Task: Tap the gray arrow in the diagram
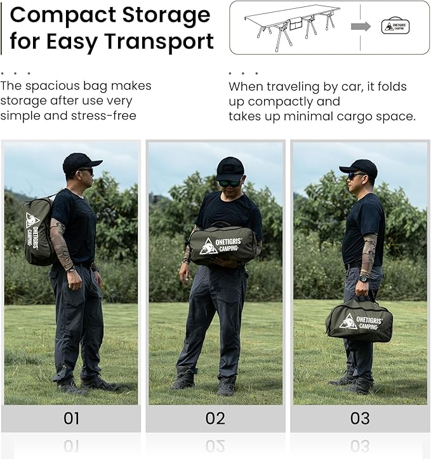point(361,27)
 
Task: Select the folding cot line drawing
point(292,27)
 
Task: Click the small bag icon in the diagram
point(395,26)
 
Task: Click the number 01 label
point(71,418)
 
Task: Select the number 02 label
point(215,418)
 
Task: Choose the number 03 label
point(360,418)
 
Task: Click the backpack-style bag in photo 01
point(38,231)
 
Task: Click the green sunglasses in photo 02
point(230,184)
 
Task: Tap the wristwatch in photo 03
point(364,278)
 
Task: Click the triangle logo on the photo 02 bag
point(208,246)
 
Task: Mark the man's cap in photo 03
point(359,168)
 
